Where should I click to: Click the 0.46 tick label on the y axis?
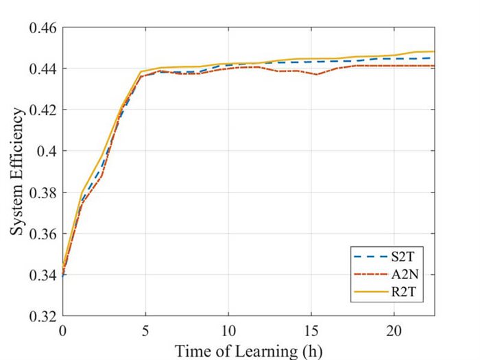click(x=43, y=28)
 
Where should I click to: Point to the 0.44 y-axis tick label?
click(x=43, y=69)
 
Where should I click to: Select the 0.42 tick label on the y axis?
click(x=43, y=110)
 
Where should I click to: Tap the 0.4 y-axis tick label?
click(x=47, y=152)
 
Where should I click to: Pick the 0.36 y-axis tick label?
click(x=43, y=235)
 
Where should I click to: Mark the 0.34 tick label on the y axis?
click(x=43, y=276)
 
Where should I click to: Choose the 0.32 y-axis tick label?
click(x=43, y=317)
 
